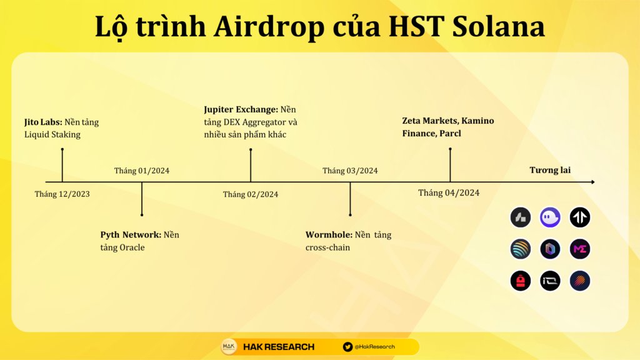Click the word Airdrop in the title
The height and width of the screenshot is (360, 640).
click(x=269, y=27)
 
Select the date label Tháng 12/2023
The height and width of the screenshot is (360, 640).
click(x=62, y=194)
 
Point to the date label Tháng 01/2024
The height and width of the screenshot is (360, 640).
click(x=142, y=171)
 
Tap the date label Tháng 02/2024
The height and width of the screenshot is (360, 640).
click(x=251, y=194)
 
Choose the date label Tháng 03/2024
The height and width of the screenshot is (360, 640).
click(x=350, y=171)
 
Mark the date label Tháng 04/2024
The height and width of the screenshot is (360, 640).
click(x=449, y=192)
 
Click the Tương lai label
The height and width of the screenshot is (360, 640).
click(x=550, y=170)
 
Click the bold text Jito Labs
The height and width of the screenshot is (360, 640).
click(x=43, y=122)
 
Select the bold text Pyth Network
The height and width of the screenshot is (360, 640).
click(x=131, y=235)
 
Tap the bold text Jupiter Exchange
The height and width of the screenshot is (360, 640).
click(x=241, y=109)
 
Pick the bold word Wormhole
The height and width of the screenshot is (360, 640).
click(x=329, y=235)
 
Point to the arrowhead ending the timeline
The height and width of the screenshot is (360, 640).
click(x=593, y=182)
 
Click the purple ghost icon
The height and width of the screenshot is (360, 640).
click(x=550, y=217)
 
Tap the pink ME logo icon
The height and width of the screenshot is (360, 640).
click(x=580, y=249)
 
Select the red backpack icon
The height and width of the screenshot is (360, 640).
click(x=521, y=281)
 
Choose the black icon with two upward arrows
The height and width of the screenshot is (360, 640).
click(x=580, y=217)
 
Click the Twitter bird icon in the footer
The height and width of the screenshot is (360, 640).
click(x=347, y=347)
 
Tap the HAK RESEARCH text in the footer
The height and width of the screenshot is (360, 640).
click(x=279, y=347)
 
